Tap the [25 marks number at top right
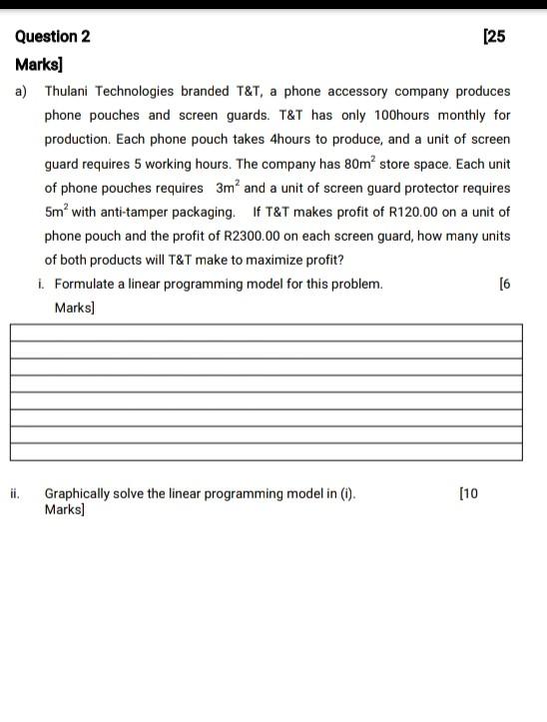click(x=494, y=37)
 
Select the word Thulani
click(x=72, y=91)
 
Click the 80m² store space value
click(x=357, y=163)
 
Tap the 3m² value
click(x=228, y=188)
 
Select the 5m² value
click(x=56, y=212)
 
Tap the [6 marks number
click(x=504, y=285)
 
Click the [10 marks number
click(x=468, y=493)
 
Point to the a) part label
click(x=21, y=91)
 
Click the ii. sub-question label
click(x=16, y=493)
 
